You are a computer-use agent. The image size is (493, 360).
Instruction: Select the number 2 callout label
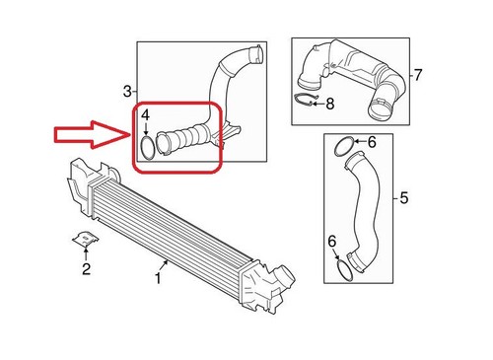click(x=86, y=268)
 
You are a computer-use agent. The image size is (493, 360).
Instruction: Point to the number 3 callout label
click(x=127, y=92)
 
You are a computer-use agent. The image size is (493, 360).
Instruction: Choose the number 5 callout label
click(x=403, y=199)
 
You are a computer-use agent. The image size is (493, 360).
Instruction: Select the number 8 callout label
click(x=330, y=103)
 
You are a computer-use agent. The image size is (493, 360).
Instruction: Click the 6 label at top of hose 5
click(x=372, y=144)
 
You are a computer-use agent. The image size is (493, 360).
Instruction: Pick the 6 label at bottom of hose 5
click(x=332, y=240)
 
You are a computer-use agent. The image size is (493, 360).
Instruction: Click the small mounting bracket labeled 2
click(x=85, y=240)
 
